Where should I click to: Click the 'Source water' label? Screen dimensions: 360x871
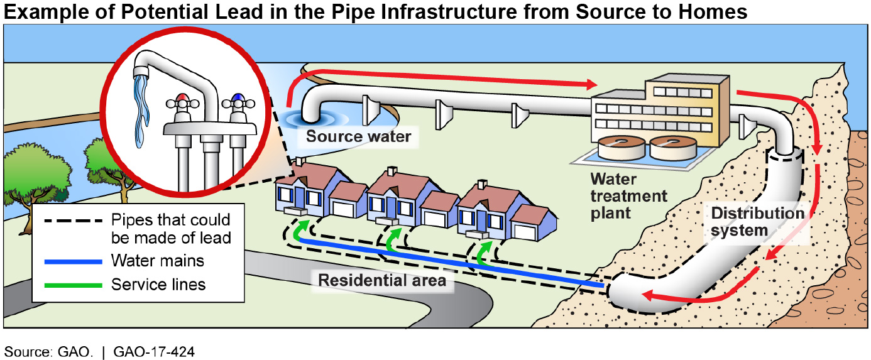pyautogui.click(x=359, y=136)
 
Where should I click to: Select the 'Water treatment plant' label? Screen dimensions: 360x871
pyautogui.click(x=628, y=195)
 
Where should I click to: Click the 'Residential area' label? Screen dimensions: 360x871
pyautogui.click(x=382, y=280)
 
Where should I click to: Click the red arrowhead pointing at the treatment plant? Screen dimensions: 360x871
pyautogui.click(x=589, y=84)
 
